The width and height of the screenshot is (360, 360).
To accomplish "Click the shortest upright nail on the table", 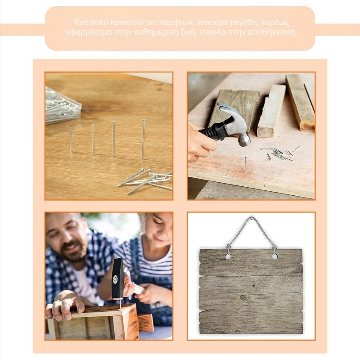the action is coord(71,140).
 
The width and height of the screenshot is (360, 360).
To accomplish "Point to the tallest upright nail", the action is coord(144,139).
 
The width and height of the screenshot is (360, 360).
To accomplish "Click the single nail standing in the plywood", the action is coord(245,164).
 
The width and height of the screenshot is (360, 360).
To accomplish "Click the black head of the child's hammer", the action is coord(117,278).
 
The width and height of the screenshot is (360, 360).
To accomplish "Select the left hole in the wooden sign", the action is coord(228,256).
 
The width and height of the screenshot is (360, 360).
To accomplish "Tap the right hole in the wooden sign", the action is coord(274,256).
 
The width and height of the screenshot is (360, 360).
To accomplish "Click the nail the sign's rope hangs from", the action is coord(252,218).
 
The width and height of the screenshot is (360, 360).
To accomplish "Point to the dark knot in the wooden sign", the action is coord(243,298).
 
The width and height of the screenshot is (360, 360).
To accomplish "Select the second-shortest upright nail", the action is coord(93,139).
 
